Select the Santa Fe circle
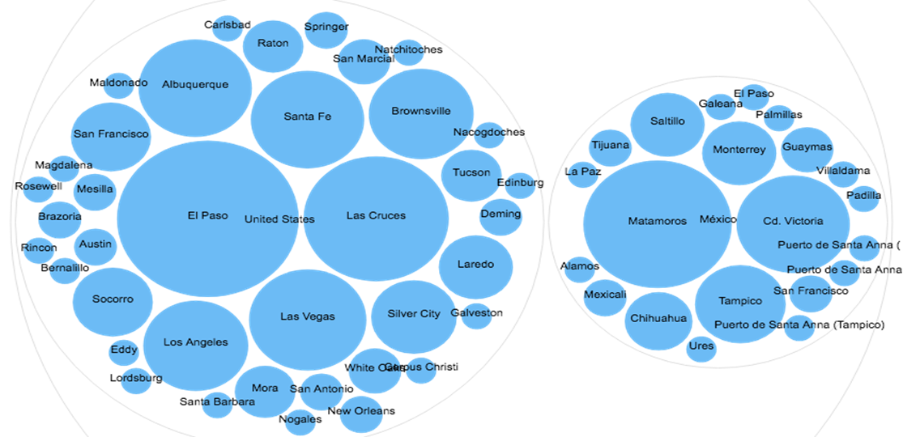pyautogui.click(x=308, y=118)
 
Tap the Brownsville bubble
pyautogui.click(x=420, y=113)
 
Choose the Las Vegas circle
pyautogui.click(x=308, y=317)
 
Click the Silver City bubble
pyautogui.click(x=413, y=316)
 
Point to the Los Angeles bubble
pyautogui.click(x=195, y=344)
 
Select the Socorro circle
pyautogui.click(x=113, y=301)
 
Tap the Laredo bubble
pyautogui.click(x=475, y=266)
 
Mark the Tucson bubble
pyautogui.click(x=471, y=174)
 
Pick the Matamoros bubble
pyautogui.click(x=646, y=223)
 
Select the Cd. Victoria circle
pyautogui.click(x=793, y=223)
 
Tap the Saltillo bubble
pyautogui.click(x=667, y=123)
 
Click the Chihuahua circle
pyautogui.click(x=658, y=320)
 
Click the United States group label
pyautogui.click(x=279, y=219)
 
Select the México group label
pyautogui.click(x=718, y=220)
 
